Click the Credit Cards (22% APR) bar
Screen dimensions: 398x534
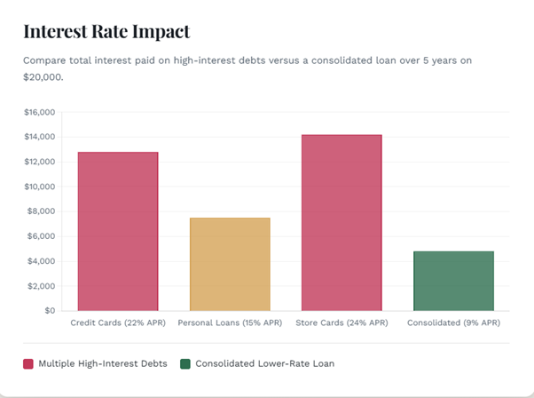[x=118, y=231]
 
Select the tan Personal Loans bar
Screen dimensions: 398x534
[x=230, y=264]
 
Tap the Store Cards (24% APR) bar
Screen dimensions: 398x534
[x=342, y=222]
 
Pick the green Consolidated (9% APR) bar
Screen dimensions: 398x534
[x=453, y=281]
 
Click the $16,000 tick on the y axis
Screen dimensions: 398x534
[x=39, y=112]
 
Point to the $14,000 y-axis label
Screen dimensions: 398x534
[x=39, y=137]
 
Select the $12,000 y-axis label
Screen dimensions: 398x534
[x=39, y=162]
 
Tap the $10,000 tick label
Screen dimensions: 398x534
[x=39, y=187]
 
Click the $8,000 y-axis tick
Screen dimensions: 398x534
[x=42, y=211]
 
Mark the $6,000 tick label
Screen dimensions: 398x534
[x=42, y=236]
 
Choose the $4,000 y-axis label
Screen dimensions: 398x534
[x=42, y=261]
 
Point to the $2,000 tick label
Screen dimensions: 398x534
[x=42, y=286]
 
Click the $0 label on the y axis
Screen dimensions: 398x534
[x=49, y=311]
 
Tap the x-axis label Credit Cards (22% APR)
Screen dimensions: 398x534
[x=118, y=323]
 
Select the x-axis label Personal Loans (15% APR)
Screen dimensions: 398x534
[x=230, y=323]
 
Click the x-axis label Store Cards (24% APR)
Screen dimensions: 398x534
[x=342, y=323]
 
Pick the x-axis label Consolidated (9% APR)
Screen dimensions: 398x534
[x=453, y=323]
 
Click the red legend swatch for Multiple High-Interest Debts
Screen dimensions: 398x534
[x=28, y=363]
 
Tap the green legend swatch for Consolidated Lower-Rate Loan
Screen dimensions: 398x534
[x=185, y=363]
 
